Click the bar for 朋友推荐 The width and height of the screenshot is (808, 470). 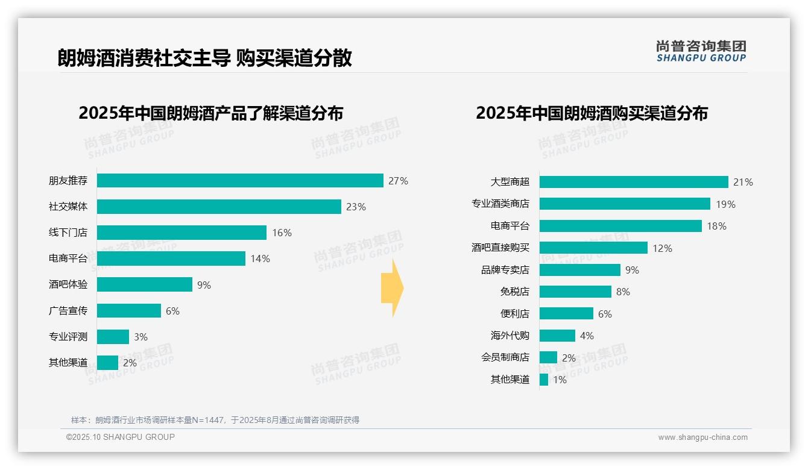240,181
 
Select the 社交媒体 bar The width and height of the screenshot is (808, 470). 219,207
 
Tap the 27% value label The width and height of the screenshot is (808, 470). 398,181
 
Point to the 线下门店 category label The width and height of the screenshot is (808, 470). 68,233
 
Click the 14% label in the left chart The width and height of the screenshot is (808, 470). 260,258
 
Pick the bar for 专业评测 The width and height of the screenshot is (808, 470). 113,337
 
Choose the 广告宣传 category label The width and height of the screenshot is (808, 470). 68,311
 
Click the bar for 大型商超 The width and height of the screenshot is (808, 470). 634,182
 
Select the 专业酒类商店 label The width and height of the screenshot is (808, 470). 500,204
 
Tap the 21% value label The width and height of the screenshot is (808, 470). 743,182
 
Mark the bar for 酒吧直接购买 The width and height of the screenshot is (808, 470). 593,248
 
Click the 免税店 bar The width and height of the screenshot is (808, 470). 575,292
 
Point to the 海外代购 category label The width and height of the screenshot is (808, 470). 510,336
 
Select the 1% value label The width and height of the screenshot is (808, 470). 560,380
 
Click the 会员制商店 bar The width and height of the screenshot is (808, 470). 548,357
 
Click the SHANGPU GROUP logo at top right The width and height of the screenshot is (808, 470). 701,51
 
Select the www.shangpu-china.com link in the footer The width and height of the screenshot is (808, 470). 702,437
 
